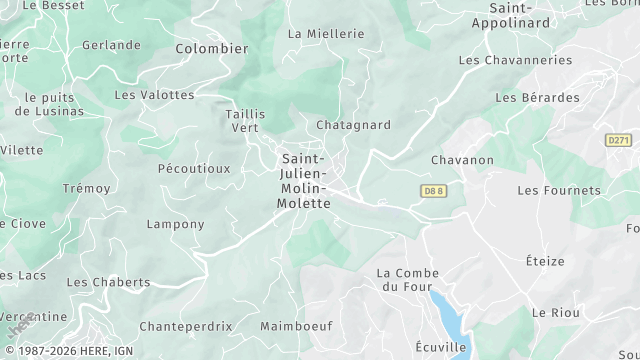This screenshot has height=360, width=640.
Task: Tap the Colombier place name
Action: (x=211, y=48)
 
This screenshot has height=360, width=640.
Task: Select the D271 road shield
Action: (x=619, y=142)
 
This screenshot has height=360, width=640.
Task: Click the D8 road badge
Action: (x=432, y=189)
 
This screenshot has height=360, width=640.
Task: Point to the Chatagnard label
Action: (x=352, y=125)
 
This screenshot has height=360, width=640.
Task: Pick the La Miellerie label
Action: (x=326, y=33)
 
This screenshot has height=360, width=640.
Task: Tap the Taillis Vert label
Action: (x=245, y=121)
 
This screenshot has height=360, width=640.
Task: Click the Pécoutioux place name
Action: (x=194, y=169)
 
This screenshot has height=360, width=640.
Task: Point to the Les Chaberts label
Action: (x=108, y=282)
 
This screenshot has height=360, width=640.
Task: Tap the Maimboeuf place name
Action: (x=296, y=326)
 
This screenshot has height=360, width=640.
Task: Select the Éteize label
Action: (x=545, y=261)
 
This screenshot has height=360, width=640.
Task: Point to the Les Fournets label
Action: (x=559, y=190)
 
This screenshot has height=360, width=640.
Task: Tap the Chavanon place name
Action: (x=462, y=160)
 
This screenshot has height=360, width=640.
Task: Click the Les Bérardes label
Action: (x=537, y=98)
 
